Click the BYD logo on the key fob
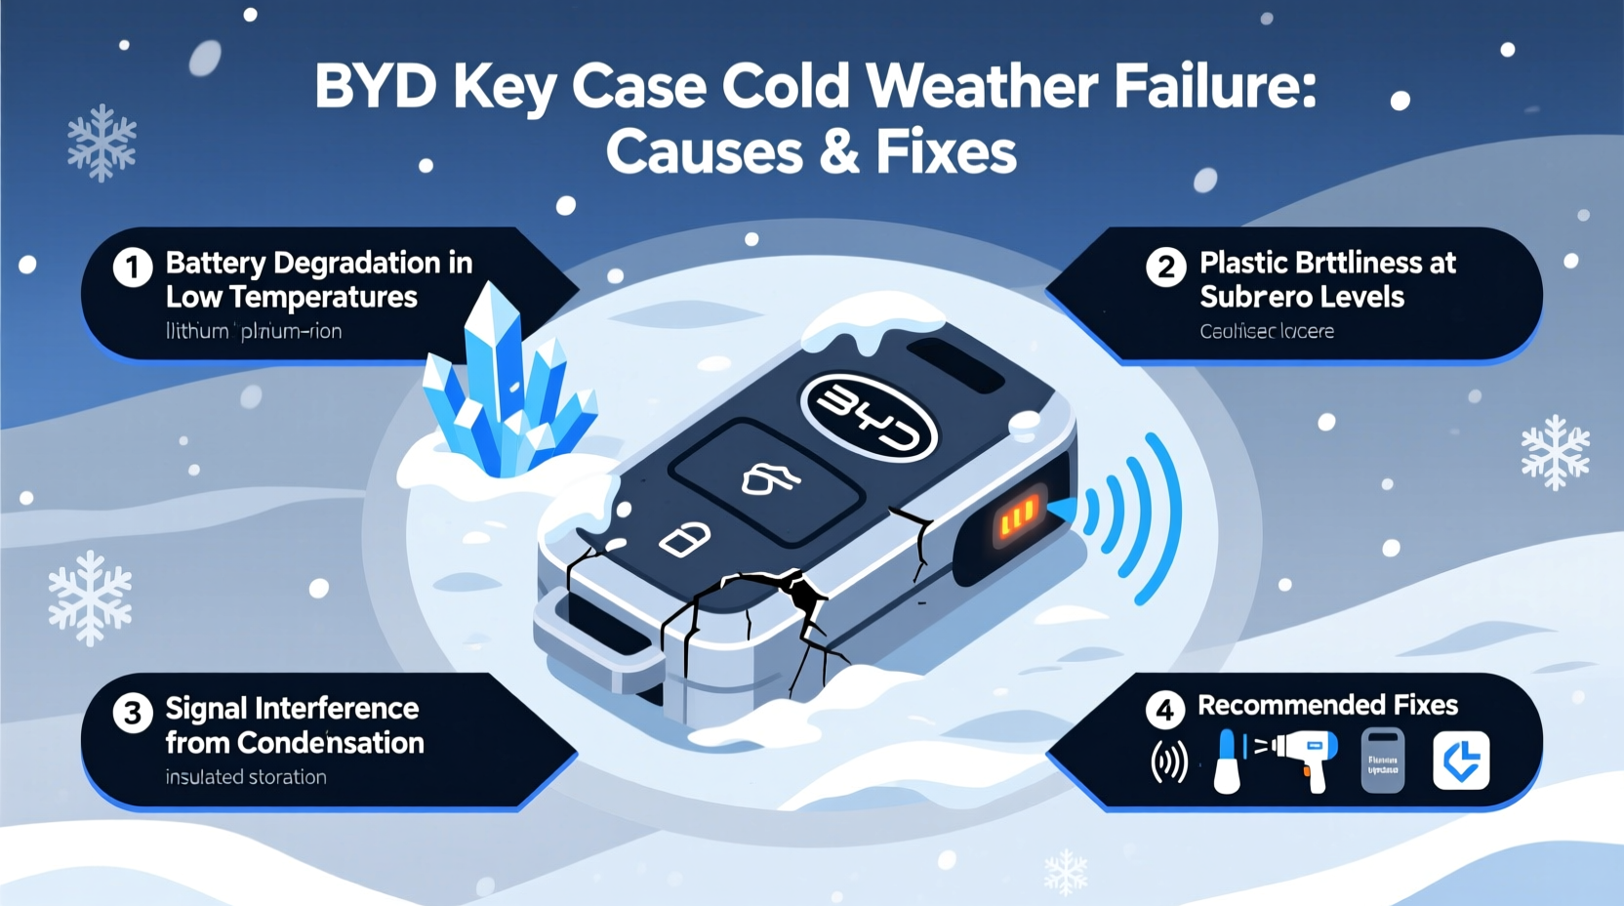coord(869,417)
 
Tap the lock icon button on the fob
coord(684,538)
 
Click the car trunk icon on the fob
coord(770,478)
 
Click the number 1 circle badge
coord(133,267)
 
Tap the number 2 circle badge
coord(1165,267)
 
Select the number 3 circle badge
coord(133,713)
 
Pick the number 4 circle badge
coord(1164,710)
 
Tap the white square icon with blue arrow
coord(1461,760)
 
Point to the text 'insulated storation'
coord(246,777)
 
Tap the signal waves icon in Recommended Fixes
coord(1169,762)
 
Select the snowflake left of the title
coord(101,144)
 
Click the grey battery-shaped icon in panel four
coord(1382,760)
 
